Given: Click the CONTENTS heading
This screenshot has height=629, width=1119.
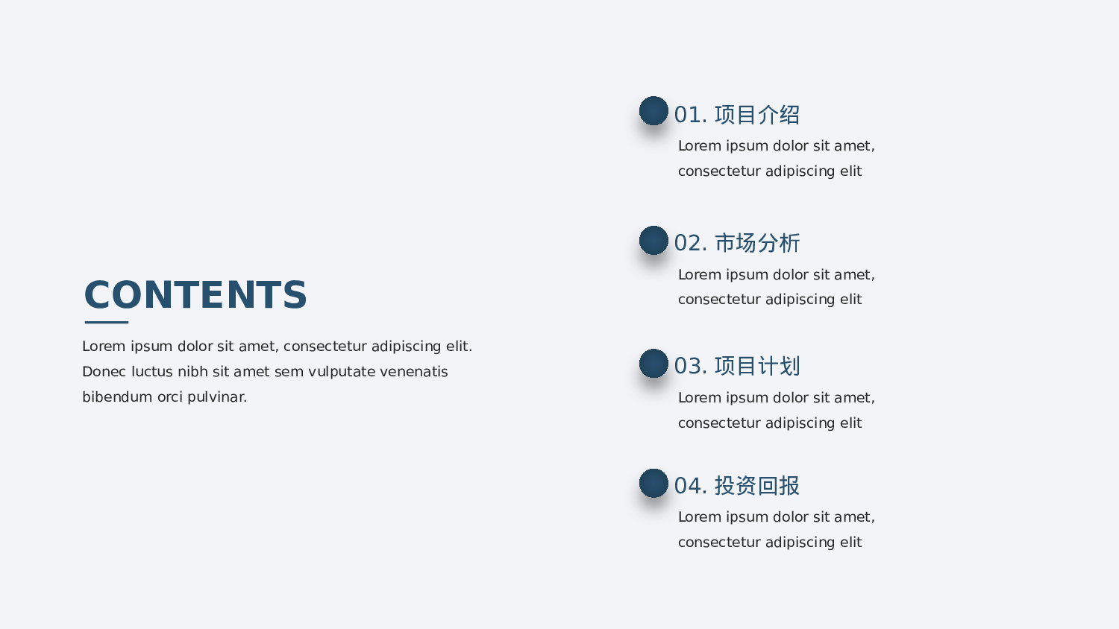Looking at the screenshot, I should (x=195, y=295).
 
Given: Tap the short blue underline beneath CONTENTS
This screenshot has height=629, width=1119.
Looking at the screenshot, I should (x=107, y=322).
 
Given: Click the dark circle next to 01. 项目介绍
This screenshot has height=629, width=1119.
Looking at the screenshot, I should (x=653, y=111).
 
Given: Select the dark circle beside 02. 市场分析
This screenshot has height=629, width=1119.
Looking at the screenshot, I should (x=653, y=240).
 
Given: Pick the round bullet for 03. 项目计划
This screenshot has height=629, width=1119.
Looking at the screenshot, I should (x=653, y=363).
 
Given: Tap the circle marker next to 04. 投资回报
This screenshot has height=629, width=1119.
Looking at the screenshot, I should (x=653, y=483).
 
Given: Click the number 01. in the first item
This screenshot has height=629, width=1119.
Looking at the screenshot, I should (x=690, y=115).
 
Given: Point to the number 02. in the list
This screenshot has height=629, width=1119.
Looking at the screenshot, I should (x=690, y=244).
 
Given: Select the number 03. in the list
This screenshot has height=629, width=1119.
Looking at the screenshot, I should (x=690, y=367).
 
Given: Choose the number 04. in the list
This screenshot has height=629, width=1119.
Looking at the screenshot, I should (x=690, y=486).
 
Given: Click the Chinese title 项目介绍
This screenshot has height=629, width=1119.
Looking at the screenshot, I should (x=757, y=115).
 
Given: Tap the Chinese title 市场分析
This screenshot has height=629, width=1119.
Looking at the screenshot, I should (x=757, y=243).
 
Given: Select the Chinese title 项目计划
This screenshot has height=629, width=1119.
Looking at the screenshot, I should (x=757, y=366).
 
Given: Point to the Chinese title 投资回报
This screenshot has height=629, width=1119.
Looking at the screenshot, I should (x=757, y=486).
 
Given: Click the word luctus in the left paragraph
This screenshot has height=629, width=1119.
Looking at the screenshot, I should (x=152, y=371).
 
